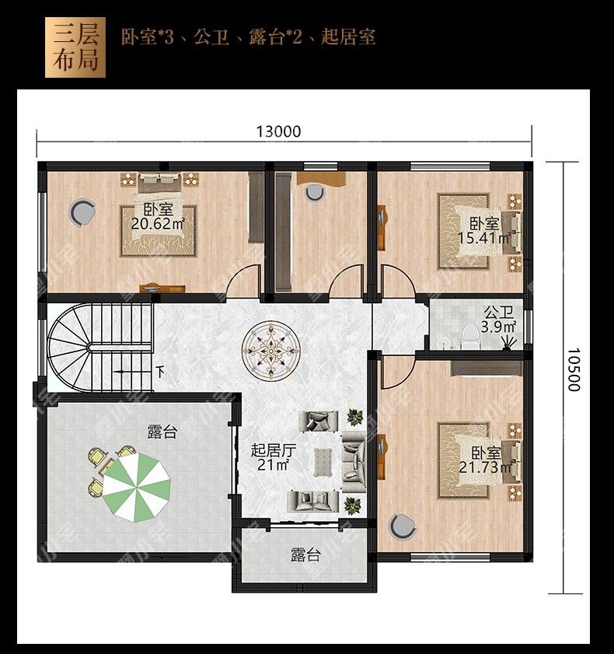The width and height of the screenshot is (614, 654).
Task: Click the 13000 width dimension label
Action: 278,131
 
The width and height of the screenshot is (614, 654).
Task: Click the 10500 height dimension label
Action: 574,370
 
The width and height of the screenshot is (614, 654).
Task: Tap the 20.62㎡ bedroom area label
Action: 158,224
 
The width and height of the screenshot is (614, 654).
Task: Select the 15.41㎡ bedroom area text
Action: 484,238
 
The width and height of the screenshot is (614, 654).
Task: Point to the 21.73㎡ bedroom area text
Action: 485,467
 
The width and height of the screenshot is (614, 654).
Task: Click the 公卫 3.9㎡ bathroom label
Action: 498,320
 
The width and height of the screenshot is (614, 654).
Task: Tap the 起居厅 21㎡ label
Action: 274,457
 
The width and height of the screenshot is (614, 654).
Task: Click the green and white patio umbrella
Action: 137,487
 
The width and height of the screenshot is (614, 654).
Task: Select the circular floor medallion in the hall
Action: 271,349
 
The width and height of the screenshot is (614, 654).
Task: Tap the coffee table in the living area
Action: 323,462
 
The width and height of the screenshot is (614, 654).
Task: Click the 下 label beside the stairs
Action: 160,372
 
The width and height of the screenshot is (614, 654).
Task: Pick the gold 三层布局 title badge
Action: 75,47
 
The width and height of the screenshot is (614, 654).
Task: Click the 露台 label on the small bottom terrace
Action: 305,555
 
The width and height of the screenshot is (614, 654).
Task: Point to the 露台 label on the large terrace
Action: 162,432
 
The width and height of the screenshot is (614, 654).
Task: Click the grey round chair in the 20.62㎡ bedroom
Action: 82,212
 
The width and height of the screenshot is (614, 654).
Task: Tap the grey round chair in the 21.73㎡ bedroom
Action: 403,526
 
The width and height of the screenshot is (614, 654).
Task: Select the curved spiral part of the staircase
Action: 68,348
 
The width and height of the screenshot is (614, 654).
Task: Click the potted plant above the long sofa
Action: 354,417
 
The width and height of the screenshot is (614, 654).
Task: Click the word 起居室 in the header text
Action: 348,37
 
